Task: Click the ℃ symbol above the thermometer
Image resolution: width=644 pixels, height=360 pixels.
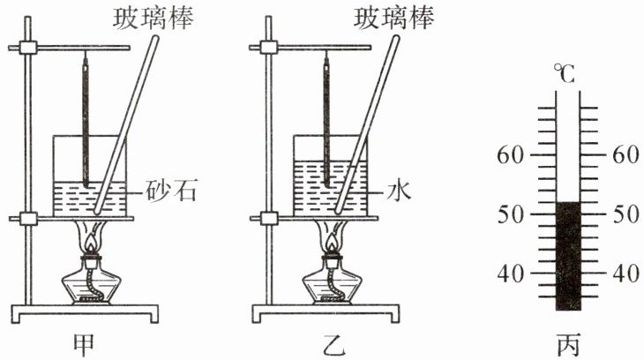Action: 565,74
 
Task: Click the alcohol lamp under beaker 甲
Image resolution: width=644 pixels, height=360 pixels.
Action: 88,281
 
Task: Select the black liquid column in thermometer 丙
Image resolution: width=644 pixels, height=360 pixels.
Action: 565,256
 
